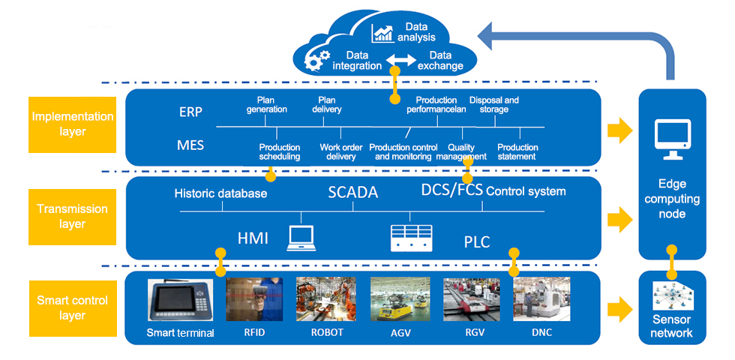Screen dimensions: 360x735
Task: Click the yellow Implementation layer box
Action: [x=73, y=124]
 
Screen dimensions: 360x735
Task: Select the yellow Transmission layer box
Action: [x=73, y=217]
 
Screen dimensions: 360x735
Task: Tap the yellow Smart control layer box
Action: [x=73, y=307]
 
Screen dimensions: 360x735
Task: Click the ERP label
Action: [x=191, y=112]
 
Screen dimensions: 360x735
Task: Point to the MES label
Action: [x=191, y=145]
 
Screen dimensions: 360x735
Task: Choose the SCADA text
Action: [x=352, y=192]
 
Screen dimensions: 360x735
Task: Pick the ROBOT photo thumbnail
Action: [x=326, y=300]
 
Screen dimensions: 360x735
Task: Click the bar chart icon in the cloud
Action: [x=383, y=34]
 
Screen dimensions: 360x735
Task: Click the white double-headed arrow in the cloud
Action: [x=400, y=60]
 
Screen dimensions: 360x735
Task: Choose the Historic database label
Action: [x=220, y=193]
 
